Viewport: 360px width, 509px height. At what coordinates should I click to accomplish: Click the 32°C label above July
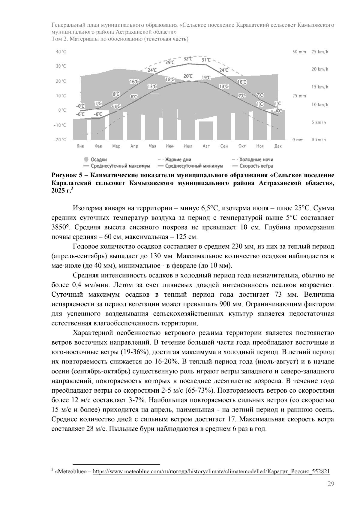coord(188,58)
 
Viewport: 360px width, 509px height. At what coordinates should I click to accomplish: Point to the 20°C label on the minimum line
coord(188,76)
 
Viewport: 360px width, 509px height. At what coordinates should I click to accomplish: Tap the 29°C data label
coord(170,62)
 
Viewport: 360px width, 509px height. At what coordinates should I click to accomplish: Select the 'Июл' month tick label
coord(188,146)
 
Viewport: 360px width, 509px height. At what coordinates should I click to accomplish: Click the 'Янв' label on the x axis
coord(80,146)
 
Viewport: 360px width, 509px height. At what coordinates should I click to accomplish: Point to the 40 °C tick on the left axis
coord(61,52)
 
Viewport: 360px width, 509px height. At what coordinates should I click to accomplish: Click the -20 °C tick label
coord(60,140)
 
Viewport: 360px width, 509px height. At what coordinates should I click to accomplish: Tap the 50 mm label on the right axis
coord(299,52)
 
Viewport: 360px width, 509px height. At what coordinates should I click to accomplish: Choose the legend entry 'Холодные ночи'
coord(256,160)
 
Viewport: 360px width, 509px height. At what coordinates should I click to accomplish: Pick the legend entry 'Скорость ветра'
coord(256,166)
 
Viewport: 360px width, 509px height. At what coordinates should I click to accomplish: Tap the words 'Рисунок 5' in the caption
coord(65,175)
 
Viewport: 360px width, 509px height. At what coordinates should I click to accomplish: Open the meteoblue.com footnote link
coord(211,472)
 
